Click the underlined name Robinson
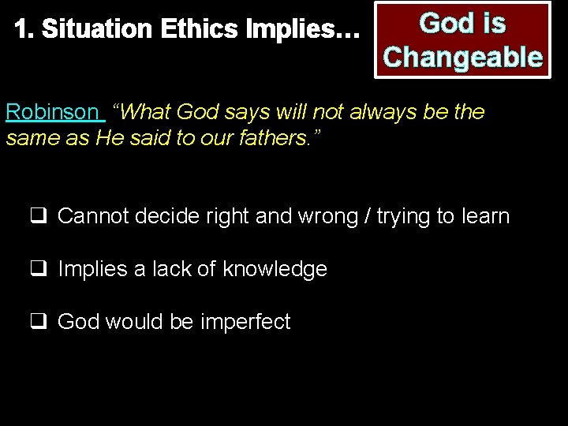coord(51,112)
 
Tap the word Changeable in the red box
coord(462,57)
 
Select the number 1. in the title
coord(24,30)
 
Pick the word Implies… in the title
coord(303,30)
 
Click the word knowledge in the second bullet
coord(275,269)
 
